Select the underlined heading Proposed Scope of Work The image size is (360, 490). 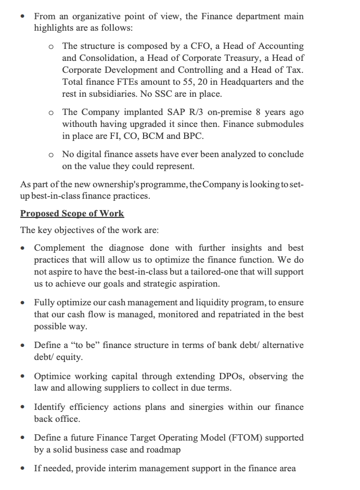pos(72,214)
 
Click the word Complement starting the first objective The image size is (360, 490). pos(59,248)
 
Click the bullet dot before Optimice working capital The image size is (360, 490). pos(22,376)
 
